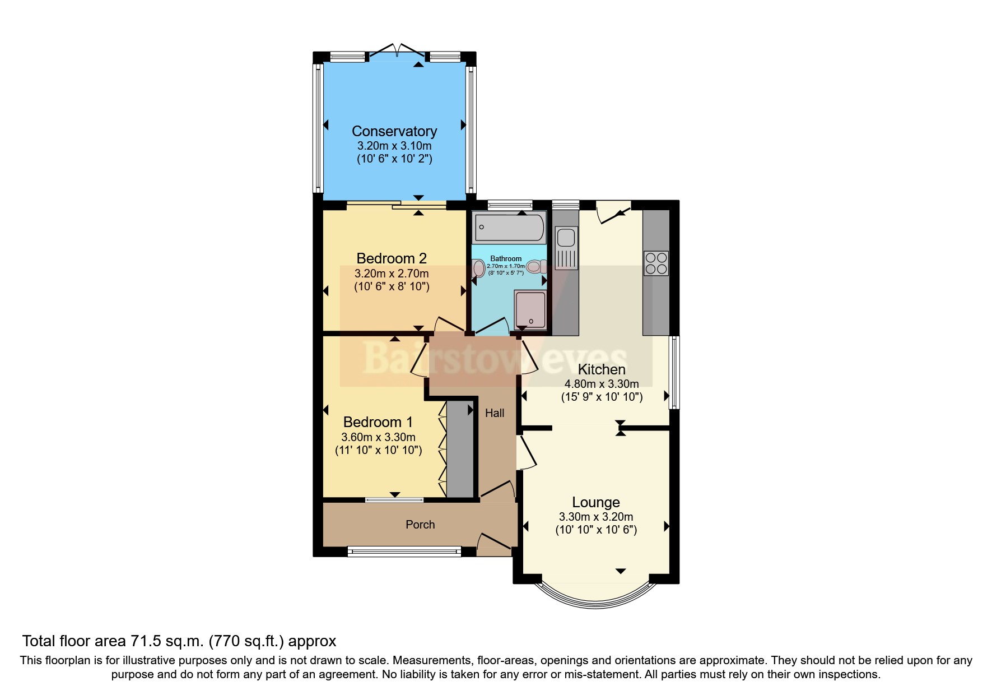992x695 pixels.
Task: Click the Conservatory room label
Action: pyautogui.click(x=394, y=131)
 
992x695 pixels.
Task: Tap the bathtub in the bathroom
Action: pyautogui.click(x=509, y=227)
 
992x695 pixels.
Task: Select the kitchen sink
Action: pyautogui.click(x=566, y=238)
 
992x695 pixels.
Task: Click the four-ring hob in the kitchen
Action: pyautogui.click(x=656, y=263)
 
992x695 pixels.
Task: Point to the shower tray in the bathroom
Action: pyautogui.click(x=530, y=309)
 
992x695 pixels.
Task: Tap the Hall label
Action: pyautogui.click(x=495, y=413)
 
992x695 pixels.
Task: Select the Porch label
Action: pyautogui.click(x=420, y=525)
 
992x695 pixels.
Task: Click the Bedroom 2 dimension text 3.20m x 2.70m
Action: pyautogui.click(x=392, y=274)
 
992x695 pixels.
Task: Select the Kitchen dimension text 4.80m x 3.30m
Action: pyautogui.click(x=602, y=384)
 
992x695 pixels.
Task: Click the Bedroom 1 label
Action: pyautogui.click(x=378, y=422)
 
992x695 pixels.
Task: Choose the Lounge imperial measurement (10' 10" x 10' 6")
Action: pyautogui.click(x=596, y=530)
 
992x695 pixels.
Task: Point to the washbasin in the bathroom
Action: pyautogui.click(x=478, y=268)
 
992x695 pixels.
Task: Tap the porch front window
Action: pyautogui.click(x=404, y=552)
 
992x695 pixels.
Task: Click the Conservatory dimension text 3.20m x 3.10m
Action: pyautogui.click(x=394, y=146)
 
